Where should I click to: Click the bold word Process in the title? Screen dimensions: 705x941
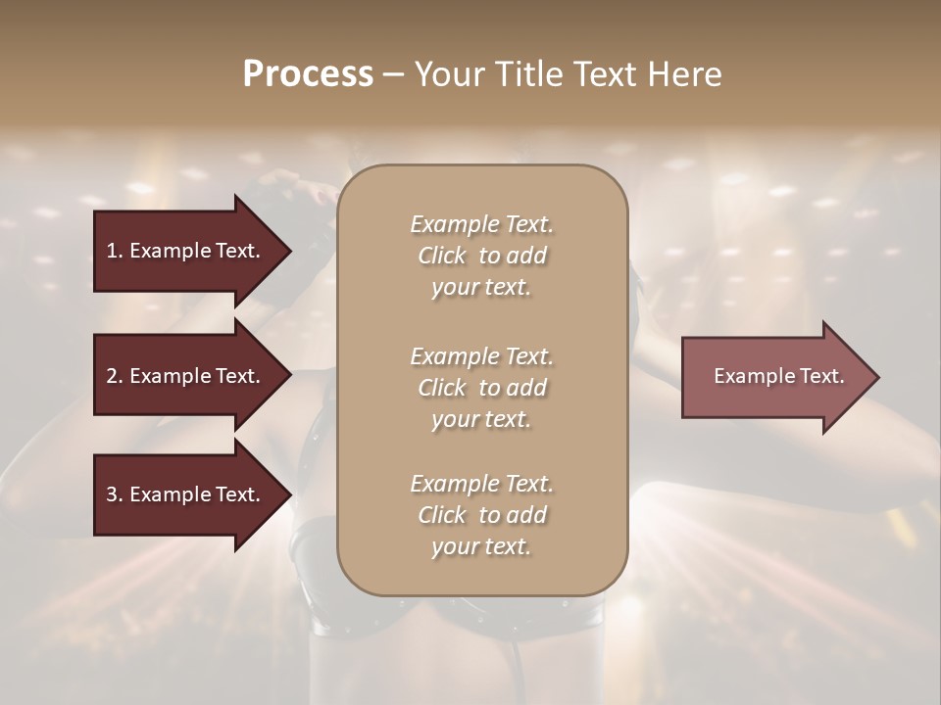[x=308, y=74]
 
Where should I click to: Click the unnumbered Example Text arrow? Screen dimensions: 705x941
[x=778, y=376]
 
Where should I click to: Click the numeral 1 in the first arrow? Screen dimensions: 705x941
[x=112, y=251]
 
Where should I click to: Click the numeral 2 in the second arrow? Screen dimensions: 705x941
[x=112, y=376]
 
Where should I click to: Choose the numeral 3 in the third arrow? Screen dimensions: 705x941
[x=112, y=494]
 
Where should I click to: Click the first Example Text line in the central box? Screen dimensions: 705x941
[x=481, y=224]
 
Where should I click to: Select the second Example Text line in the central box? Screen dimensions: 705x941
[x=481, y=355]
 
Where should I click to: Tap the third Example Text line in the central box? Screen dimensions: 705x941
[x=481, y=483]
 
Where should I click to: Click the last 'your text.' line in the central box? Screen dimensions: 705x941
[x=481, y=546]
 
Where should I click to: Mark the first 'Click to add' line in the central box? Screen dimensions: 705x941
[x=481, y=256]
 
